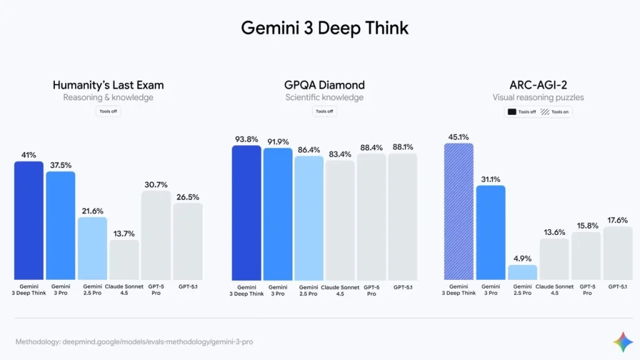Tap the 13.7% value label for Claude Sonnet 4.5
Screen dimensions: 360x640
click(124, 234)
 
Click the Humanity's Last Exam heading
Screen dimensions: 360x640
click(108, 85)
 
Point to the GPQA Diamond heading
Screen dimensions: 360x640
click(324, 85)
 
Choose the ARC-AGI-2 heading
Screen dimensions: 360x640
click(537, 85)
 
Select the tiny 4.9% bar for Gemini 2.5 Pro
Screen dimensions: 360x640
click(522, 272)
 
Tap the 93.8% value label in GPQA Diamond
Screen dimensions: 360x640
click(246, 139)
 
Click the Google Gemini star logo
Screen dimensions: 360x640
click(622, 342)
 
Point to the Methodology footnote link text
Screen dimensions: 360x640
click(134, 342)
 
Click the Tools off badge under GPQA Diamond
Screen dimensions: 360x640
click(324, 111)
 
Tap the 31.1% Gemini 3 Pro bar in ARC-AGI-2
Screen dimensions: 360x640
click(491, 232)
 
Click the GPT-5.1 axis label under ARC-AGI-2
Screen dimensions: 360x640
click(617, 286)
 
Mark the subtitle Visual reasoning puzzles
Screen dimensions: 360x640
click(537, 97)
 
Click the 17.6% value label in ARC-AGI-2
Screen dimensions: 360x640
click(617, 220)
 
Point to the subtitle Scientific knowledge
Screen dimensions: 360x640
click(324, 97)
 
